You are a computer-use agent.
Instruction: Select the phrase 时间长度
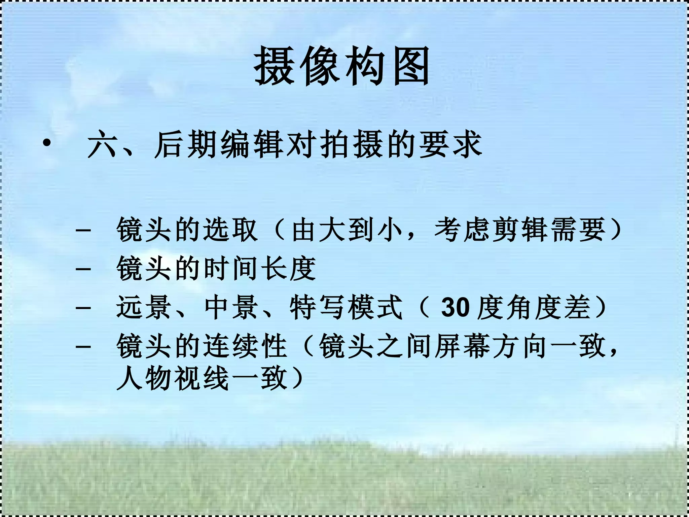click(x=259, y=269)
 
